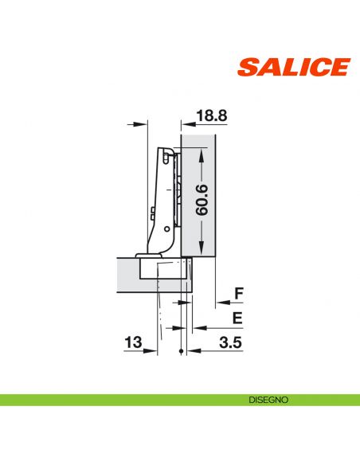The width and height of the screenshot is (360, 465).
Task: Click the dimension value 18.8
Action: click(x=211, y=116)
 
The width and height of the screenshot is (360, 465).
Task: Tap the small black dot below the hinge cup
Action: click(x=182, y=352)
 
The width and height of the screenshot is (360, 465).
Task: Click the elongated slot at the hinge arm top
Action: click(x=166, y=159)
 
